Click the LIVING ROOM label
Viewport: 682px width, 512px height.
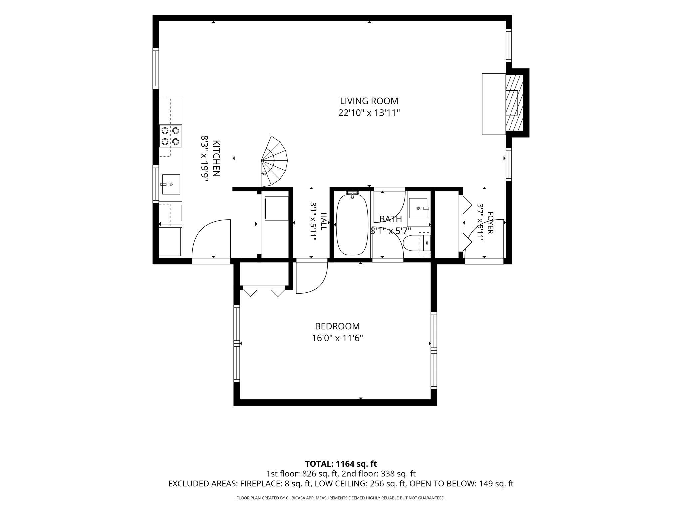(369, 101)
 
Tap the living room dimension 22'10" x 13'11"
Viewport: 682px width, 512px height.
(369, 113)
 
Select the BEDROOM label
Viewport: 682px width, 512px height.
(337, 326)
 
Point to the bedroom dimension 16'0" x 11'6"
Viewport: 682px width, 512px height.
(337, 338)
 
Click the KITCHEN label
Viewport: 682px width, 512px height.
(216, 158)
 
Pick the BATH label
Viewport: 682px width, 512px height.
(391, 219)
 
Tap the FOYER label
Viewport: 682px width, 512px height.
(490, 223)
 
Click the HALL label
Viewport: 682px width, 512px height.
(323, 221)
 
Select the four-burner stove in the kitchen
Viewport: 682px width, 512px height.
(170, 136)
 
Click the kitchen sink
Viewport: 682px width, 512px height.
(171, 184)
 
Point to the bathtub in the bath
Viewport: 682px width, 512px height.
(352, 224)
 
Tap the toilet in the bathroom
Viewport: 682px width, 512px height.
(417, 242)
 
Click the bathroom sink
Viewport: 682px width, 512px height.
(418, 208)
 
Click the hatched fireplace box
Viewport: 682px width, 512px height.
(514, 103)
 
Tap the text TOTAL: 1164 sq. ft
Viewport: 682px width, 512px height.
(341, 464)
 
